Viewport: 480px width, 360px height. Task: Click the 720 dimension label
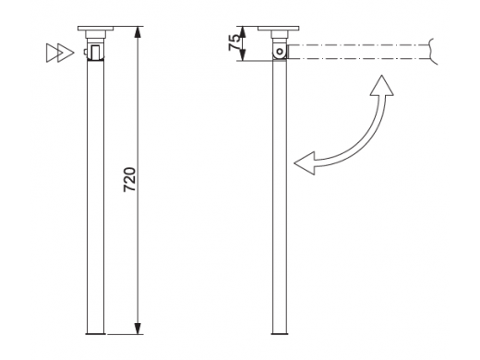coord(129,180)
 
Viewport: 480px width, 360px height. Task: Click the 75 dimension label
coord(234,42)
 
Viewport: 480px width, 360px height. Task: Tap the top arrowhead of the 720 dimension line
coord(138,32)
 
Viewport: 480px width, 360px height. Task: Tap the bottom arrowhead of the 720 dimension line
coord(138,329)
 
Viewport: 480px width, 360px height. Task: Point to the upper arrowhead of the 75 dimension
coord(243,32)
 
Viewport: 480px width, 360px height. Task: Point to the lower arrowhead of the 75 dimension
coord(243,55)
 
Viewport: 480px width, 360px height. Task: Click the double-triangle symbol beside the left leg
coord(60,53)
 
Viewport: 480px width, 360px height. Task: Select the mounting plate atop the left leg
coord(95,29)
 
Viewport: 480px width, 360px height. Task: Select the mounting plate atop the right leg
coord(279,29)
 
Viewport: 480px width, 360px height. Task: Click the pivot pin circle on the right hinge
coord(280,52)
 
